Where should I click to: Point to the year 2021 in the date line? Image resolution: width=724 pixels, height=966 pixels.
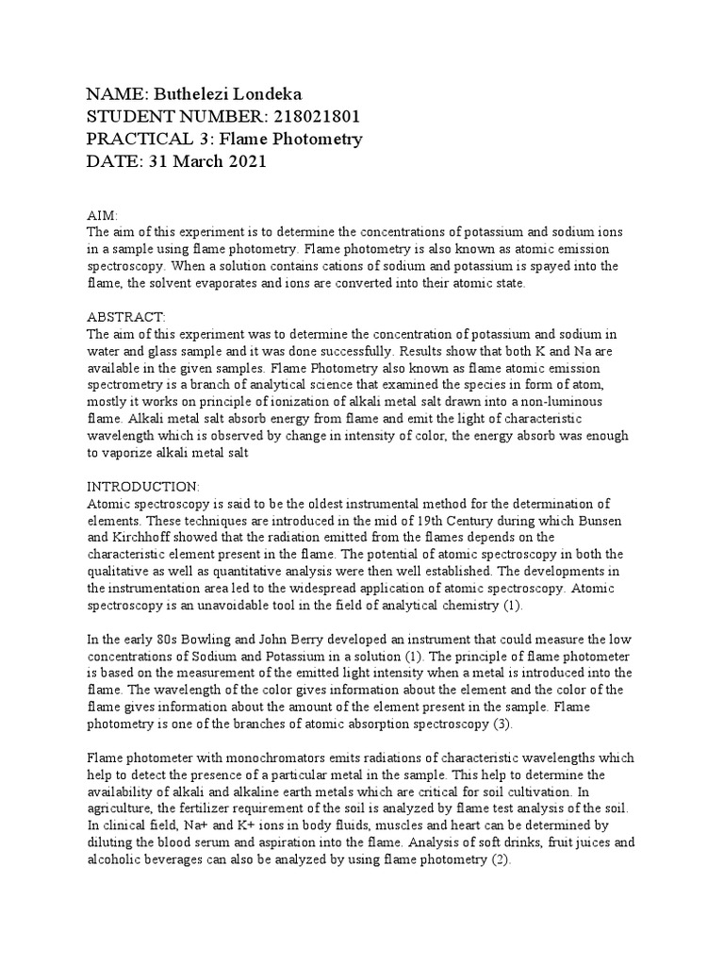248,161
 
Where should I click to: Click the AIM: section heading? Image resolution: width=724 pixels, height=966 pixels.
103,216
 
